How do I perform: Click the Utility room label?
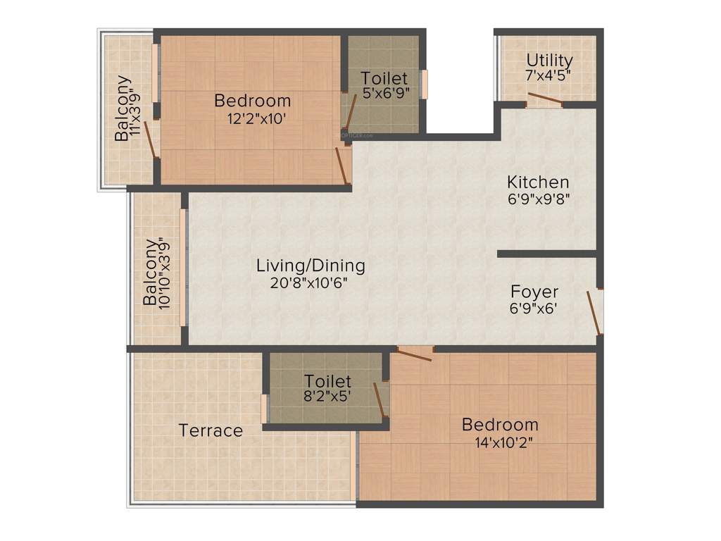tap(549, 60)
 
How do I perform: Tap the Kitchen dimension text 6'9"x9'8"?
tap(538, 199)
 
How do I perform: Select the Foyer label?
tap(534, 292)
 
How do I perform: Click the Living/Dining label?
tap(311, 266)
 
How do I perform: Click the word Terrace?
tap(211, 430)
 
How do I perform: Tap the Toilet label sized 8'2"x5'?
tap(327, 381)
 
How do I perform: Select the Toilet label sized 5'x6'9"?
tap(384, 77)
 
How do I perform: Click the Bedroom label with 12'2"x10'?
tap(252, 101)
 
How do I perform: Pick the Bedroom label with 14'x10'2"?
tap(500, 425)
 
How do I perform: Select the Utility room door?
tap(545, 99)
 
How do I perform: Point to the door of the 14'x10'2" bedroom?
tap(415, 354)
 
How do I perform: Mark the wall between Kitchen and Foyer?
tap(546, 254)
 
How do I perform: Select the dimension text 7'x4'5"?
tap(548, 75)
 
